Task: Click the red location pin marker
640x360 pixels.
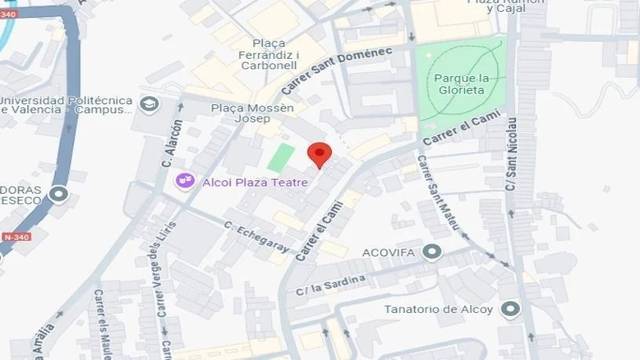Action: pos(319,154)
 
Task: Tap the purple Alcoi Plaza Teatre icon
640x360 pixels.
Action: pos(184,181)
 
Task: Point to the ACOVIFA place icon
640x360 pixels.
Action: pos(432,251)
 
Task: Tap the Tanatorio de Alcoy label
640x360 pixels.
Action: pos(439,308)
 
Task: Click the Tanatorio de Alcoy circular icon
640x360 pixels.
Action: pos(510,308)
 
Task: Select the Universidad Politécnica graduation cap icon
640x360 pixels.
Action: pos(149,105)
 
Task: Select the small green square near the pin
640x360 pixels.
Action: pos(281,157)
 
